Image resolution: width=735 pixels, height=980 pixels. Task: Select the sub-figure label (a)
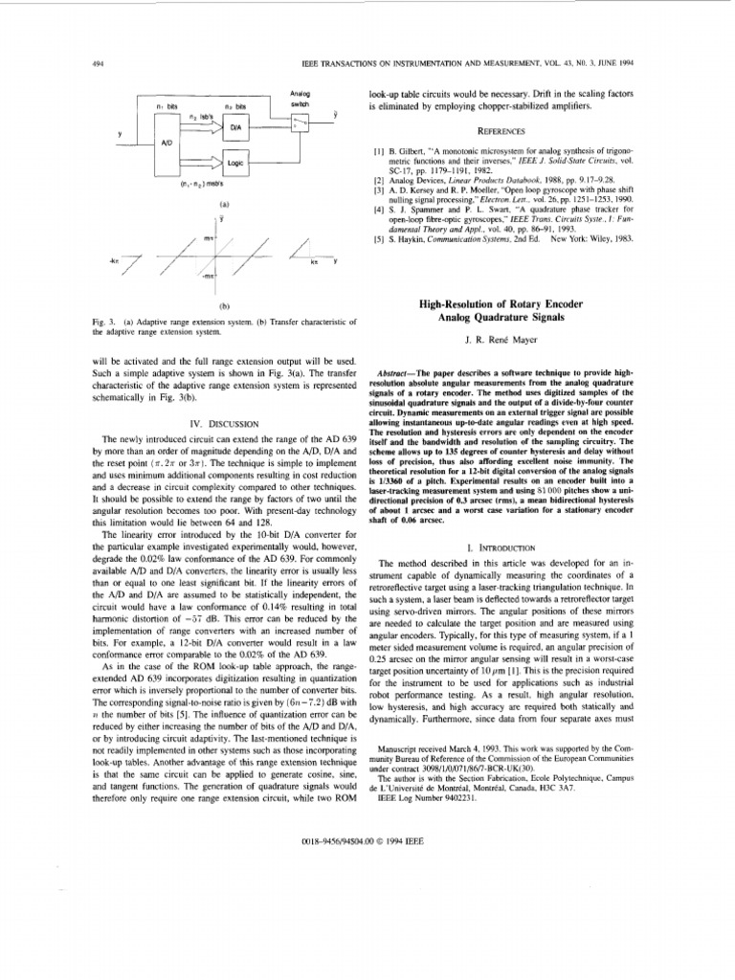pos(223,205)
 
